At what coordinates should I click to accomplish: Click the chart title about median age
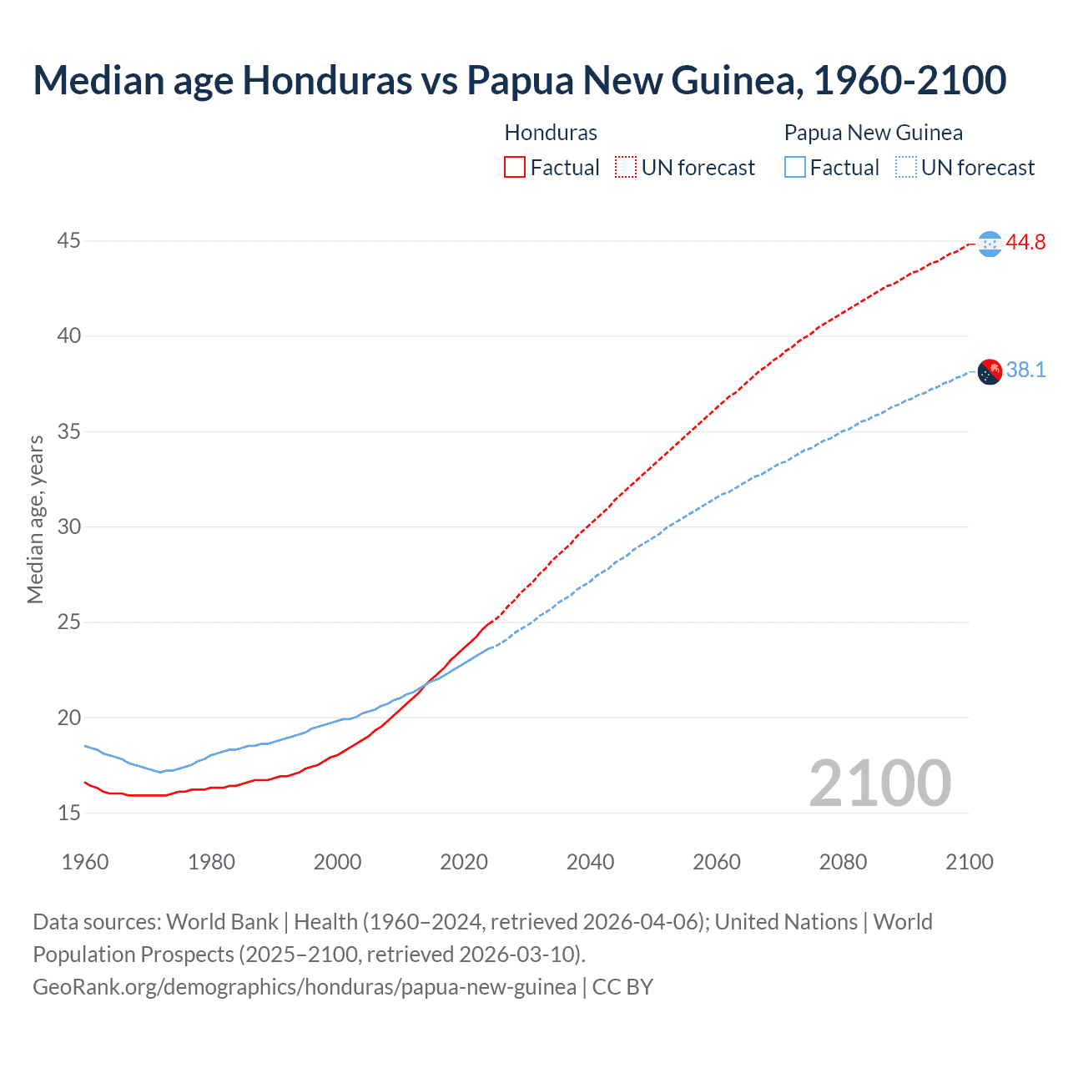pyautogui.click(x=519, y=80)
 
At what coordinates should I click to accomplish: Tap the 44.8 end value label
pyautogui.click(x=1025, y=243)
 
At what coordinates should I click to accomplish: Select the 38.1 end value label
pyautogui.click(x=1025, y=370)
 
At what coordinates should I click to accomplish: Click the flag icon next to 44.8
pyautogui.click(x=990, y=244)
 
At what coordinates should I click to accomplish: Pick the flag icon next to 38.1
pyautogui.click(x=990, y=371)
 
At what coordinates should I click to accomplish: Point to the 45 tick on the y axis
pyautogui.click(x=69, y=241)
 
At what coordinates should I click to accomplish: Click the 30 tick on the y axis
pyautogui.click(x=69, y=526)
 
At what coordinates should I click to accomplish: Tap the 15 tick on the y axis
pyautogui.click(x=69, y=813)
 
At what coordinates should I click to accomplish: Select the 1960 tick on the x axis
pyautogui.click(x=85, y=862)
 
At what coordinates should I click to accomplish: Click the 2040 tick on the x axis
pyautogui.click(x=590, y=862)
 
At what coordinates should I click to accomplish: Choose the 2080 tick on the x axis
pyautogui.click(x=843, y=862)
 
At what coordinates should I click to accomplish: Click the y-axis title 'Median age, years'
pyautogui.click(x=35, y=519)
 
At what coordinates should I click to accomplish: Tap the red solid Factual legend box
pyautogui.click(x=515, y=168)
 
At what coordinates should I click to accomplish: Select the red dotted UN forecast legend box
pyautogui.click(x=626, y=168)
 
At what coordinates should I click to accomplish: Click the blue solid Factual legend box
pyautogui.click(x=795, y=168)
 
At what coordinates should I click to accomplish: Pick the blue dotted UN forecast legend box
pyautogui.click(x=905, y=168)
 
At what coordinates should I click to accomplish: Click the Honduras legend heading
pyautogui.click(x=551, y=133)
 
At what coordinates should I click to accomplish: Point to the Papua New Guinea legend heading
pyautogui.click(x=873, y=133)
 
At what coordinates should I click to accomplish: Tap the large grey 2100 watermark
pyautogui.click(x=879, y=783)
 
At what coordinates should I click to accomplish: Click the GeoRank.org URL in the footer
pyautogui.click(x=305, y=987)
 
